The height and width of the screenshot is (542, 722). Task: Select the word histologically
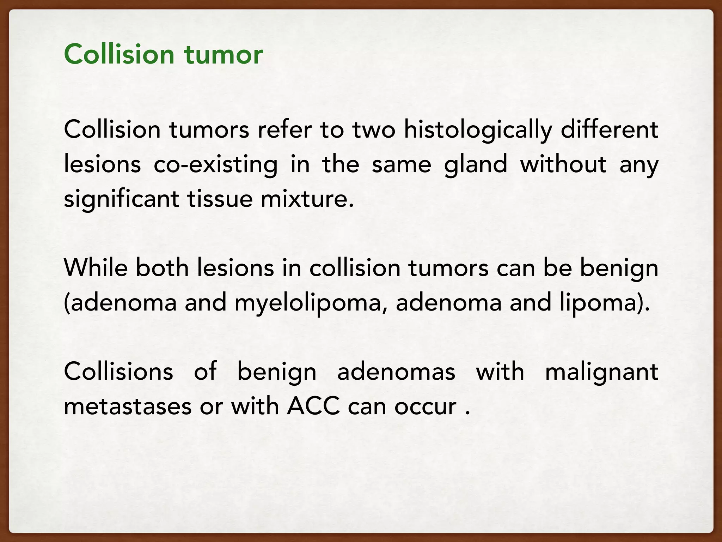click(x=478, y=130)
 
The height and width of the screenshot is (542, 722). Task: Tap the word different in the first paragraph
click(x=609, y=130)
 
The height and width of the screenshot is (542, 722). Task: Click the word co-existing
click(x=215, y=164)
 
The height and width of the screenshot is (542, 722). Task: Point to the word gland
click(x=475, y=164)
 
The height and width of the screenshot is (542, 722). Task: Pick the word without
click(x=563, y=164)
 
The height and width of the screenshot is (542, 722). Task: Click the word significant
click(x=121, y=199)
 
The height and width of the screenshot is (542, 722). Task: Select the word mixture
click(x=307, y=199)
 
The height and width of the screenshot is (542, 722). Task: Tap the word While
click(x=96, y=268)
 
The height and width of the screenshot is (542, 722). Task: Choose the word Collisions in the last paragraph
click(x=118, y=372)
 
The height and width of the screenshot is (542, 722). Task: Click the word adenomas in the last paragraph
click(x=396, y=372)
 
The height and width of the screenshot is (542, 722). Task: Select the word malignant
click(x=601, y=372)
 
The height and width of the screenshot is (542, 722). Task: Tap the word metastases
click(x=128, y=406)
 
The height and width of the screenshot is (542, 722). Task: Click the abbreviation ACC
click(x=313, y=406)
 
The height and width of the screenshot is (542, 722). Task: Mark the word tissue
click(x=220, y=199)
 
